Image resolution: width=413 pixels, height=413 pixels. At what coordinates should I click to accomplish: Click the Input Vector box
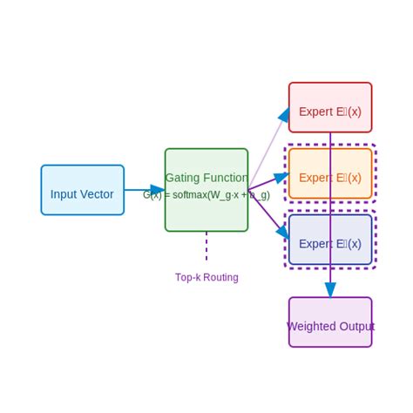pos(82,190)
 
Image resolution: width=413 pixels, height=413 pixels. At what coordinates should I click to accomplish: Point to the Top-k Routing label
pos(206,277)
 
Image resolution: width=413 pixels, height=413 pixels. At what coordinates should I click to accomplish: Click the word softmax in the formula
pos(189,195)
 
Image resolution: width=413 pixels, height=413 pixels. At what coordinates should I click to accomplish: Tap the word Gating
pos(183,178)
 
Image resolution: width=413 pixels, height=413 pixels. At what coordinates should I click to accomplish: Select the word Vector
pos(96,194)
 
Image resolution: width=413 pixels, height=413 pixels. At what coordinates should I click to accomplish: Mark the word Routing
pos(220,277)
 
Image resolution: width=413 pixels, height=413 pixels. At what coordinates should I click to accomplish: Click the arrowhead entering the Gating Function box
pos(158,190)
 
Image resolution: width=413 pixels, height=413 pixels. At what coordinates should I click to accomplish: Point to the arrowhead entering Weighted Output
pos(330,290)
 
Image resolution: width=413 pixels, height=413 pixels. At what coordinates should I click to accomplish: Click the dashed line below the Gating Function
pos(206,246)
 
